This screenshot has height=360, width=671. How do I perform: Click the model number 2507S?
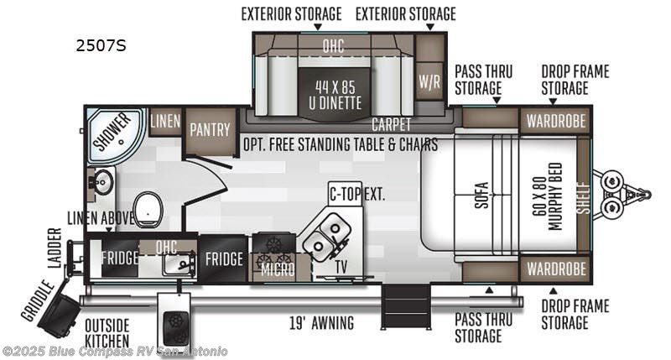click(x=101, y=46)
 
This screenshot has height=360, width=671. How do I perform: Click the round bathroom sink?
click(x=101, y=183)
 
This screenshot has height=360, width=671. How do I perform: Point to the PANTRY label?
click(x=211, y=130)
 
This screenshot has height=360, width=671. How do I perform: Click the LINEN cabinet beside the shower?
click(x=165, y=121)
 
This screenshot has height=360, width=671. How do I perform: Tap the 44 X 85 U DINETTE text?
click(x=335, y=95)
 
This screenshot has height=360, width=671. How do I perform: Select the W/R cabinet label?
click(x=429, y=81)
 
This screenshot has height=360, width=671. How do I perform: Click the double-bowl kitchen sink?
click(x=327, y=236)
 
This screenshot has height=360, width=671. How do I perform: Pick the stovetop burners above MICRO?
click(x=274, y=252)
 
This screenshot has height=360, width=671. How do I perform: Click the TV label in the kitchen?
click(x=341, y=267)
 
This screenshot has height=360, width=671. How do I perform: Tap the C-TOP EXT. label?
click(x=357, y=195)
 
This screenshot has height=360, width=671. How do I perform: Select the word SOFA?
click(x=481, y=196)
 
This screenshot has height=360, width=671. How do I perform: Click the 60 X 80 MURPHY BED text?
click(x=549, y=196)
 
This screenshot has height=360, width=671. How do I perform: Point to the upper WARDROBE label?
click(x=556, y=121)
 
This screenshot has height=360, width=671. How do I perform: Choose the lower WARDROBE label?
click(x=556, y=269)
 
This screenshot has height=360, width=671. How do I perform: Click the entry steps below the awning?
click(x=406, y=306)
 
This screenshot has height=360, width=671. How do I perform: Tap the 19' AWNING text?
click(x=322, y=322)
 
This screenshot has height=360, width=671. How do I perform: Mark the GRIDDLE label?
click(x=38, y=300)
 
